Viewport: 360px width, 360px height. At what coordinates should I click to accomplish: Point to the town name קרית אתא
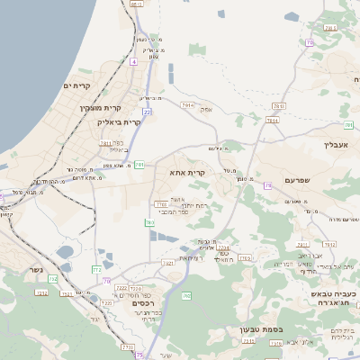188,171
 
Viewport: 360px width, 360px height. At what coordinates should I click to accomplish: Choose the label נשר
35,269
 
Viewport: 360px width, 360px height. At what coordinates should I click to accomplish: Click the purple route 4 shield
132,61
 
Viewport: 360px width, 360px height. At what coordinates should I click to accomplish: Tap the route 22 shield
146,112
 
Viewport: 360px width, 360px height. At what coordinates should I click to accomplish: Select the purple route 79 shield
267,185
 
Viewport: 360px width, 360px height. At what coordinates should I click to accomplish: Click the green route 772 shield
96,269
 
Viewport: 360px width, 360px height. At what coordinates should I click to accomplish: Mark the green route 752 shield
53,280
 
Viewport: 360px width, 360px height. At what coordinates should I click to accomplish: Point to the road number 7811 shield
105,142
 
